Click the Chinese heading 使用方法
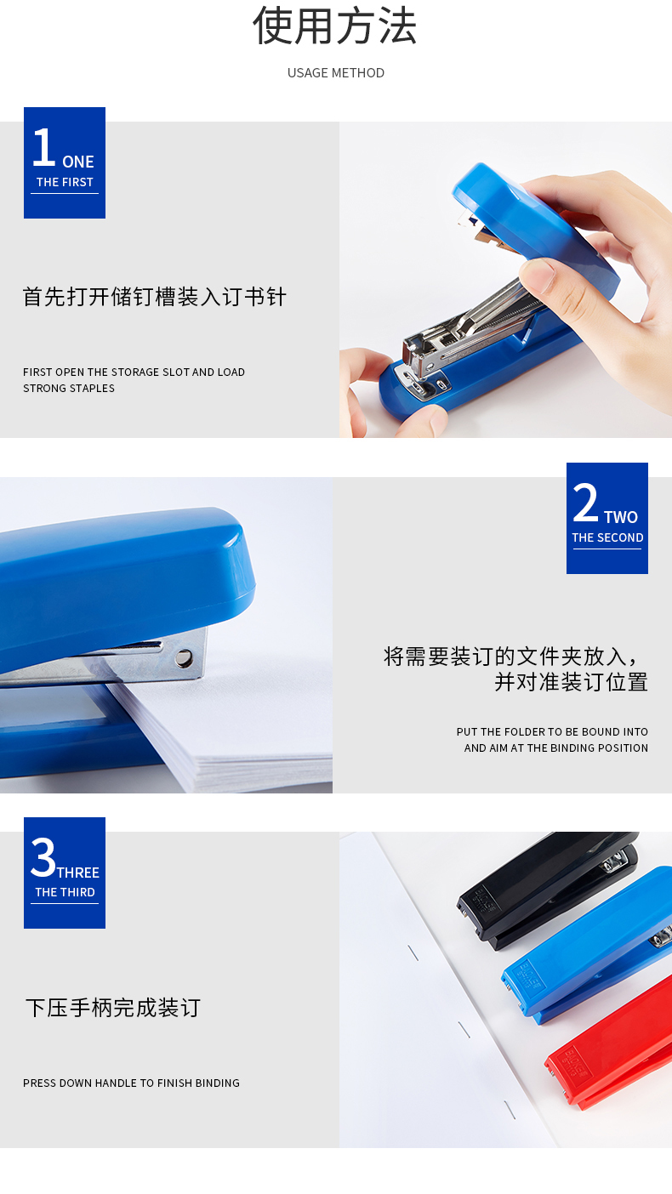(x=335, y=26)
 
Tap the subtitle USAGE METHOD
(x=335, y=73)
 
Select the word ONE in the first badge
(x=78, y=162)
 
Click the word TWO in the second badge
(x=621, y=517)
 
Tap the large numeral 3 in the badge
(x=43, y=857)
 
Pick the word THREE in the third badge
(x=78, y=873)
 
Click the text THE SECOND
(x=607, y=537)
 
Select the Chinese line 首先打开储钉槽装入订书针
(x=155, y=297)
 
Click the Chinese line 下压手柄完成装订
(x=113, y=1008)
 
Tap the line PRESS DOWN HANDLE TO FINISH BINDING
(x=131, y=1083)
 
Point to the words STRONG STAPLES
(x=69, y=389)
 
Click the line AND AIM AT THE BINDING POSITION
(x=555, y=748)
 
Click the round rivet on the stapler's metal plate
(x=184, y=658)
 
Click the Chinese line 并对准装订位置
(x=572, y=682)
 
